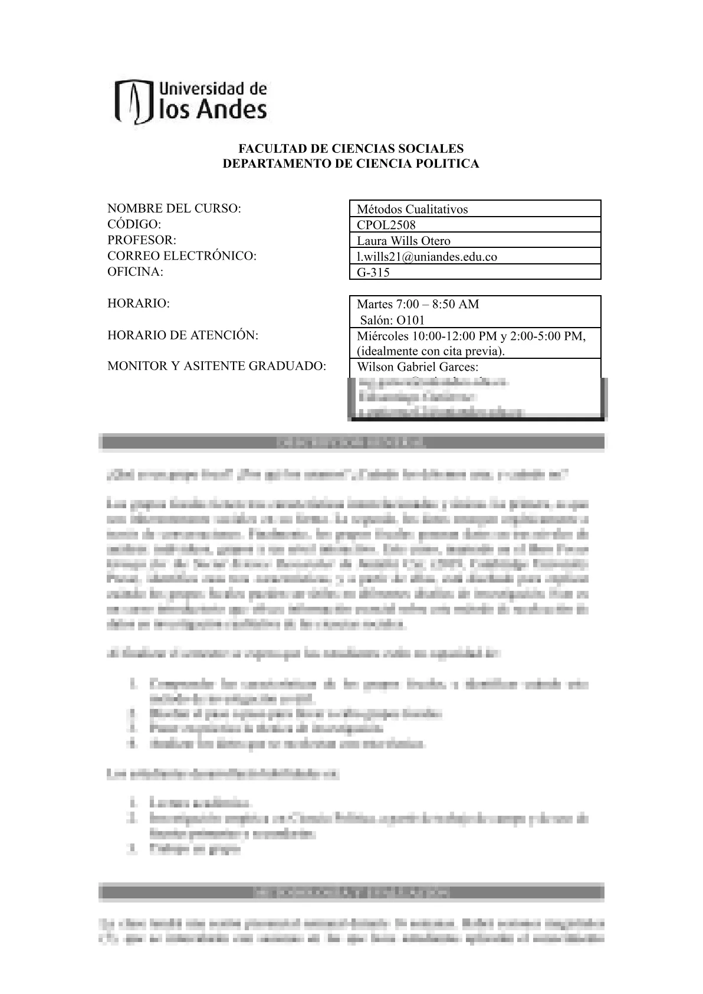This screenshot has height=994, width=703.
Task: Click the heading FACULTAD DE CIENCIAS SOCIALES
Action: pyautogui.click(x=351, y=149)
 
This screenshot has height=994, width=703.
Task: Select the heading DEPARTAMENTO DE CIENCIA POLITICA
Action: pyautogui.click(x=351, y=164)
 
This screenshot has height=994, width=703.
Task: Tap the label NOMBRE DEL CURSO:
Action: pyautogui.click(x=175, y=208)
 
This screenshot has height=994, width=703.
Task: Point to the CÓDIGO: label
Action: pyautogui.click(x=134, y=224)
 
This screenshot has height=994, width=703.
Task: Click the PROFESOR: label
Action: pyautogui.click(x=142, y=240)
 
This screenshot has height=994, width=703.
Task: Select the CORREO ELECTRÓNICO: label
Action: pyautogui.click(x=182, y=256)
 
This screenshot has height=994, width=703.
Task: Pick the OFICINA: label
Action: pyautogui.click(x=134, y=272)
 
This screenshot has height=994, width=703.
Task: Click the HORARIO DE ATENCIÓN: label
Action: pyautogui.click(x=183, y=335)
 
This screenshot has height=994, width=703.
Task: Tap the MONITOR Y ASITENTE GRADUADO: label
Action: pyautogui.click(x=216, y=367)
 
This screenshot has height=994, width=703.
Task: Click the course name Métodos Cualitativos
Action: pyautogui.click(x=412, y=210)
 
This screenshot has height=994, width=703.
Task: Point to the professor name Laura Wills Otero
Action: pyautogui.click(x=403, y=241)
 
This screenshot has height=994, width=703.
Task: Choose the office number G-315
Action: pyautogui.click(x=373, y=273)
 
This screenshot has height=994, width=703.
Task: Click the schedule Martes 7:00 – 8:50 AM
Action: pyautogui.click(x=418, y=305)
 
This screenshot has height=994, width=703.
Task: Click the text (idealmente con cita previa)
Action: pyautogui.click(x=431, y=351)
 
